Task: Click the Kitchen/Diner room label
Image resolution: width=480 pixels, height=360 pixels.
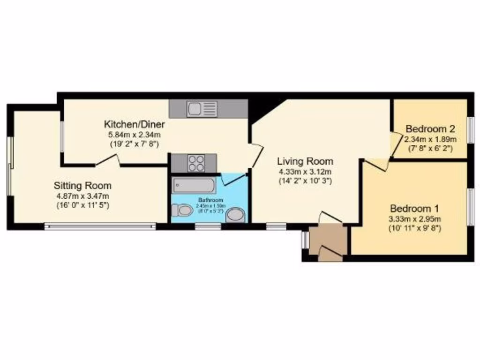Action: click(x=134, y=125)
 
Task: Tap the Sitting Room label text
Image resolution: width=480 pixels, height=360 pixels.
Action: click(x=82, y=185)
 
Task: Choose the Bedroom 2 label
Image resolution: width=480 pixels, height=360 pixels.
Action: click(x=431, y=129)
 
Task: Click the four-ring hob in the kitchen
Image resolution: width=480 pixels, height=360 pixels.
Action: click(x=196, y=163)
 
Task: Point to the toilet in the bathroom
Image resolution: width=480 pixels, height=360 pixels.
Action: click(x=182, y=211)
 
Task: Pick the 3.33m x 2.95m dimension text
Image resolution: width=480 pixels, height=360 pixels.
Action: click(x=414, y=219)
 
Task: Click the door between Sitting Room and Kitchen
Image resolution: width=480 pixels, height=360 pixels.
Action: click(x=108, y=161)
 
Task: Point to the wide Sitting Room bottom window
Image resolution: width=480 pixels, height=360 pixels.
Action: click(x=100, y=226)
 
